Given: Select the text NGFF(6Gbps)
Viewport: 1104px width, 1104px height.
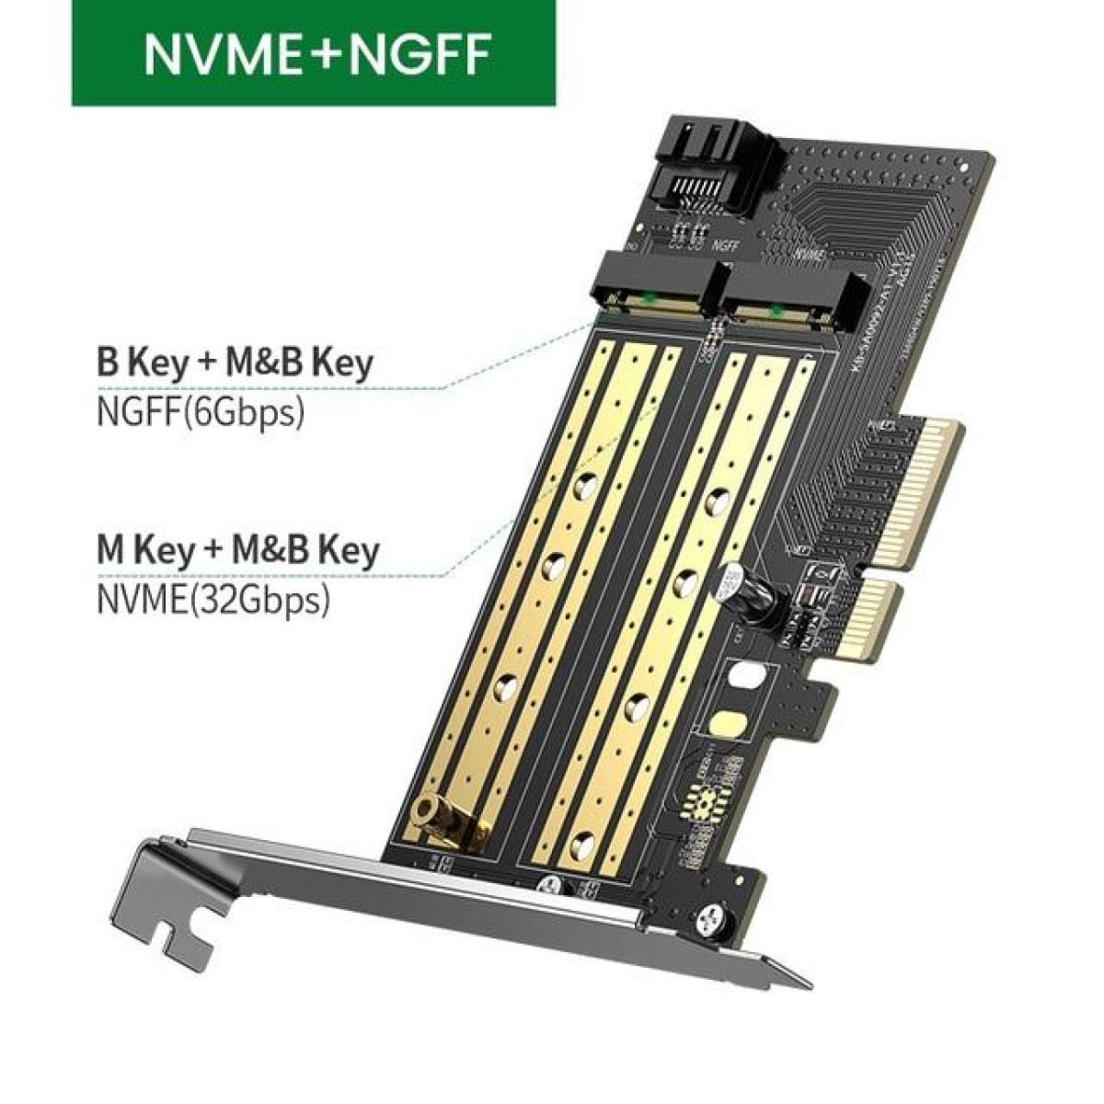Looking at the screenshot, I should (200, 410).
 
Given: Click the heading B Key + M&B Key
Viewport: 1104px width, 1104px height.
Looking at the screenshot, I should (235, 362).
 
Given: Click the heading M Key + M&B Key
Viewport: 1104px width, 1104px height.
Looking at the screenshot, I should (236, 550).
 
